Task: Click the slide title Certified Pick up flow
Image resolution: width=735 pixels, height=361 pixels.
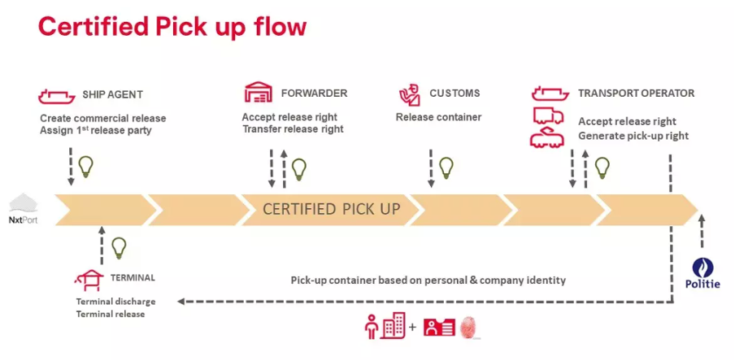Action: [x=172, y=26]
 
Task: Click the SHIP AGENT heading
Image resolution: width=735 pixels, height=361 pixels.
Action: [x=113, y=94]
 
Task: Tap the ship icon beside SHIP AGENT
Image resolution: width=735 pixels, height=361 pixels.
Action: [x=56, y=95]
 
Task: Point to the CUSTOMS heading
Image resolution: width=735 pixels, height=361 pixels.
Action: [x=454, y=94]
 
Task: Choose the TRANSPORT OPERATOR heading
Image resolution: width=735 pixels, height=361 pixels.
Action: [x=636, y=94]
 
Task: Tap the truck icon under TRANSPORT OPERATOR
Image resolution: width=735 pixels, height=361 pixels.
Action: [x=549, y=116]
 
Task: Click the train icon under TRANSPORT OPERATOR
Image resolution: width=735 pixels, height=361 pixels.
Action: [x=549, y=137]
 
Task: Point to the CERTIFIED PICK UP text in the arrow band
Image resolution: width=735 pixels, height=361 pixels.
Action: [x=332, y=209]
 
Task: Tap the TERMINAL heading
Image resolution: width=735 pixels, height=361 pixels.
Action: [x=132, y=278]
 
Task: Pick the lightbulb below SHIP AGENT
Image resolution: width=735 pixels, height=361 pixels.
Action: [x=85, y=167]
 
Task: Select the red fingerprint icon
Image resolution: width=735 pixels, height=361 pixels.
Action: [x=471, y=328]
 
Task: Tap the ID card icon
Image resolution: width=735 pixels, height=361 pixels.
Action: [x=440, y=328]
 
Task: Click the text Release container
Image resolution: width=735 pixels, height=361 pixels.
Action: [x=438, y=117]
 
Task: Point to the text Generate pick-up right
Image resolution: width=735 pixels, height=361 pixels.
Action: [x=633, y=136]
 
